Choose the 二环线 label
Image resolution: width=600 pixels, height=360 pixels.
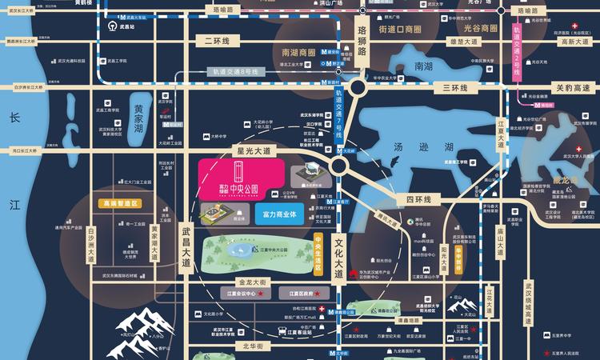[216, 41]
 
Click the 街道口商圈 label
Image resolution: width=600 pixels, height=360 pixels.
[400, 30]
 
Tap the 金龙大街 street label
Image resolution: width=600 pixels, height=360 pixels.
[256, 282]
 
